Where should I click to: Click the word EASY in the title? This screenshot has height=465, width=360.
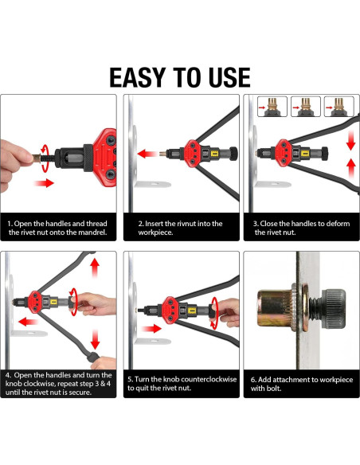pyautogui.click(x=138, y=77)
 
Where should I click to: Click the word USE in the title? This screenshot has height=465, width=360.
pyautogui.click(x=229, y=77)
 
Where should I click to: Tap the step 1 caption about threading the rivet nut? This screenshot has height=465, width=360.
pyautogui.click(x=57, y=228)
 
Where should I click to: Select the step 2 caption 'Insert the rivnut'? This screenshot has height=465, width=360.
pyautogui.click(x=180, y=228)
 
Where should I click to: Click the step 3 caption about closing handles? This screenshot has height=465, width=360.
pyautogui.click(x=302, y=228)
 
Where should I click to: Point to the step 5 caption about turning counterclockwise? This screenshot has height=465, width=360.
pyautogui.click(x=182, y=384)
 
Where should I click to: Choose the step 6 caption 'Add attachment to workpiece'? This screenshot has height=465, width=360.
pyautogui.click(x=302, y=384)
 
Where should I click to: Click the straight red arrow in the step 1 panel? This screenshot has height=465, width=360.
pyautogui.click(x=44, y=182)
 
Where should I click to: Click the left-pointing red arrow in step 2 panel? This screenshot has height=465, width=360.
pyautogui.click(x=147, y=154)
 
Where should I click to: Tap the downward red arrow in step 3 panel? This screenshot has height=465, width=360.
pyautogui.click(x=350, y=140)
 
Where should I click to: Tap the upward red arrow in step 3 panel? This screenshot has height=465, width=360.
pyautogui.click(x=350, y=168)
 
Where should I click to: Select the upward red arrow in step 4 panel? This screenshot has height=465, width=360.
pyautogui.click(x=95, y=268)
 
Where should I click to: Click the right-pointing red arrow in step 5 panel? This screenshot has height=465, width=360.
pyautogui.click(x=152, y=328)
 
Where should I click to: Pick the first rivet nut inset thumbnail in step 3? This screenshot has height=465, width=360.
pyautogui.click(x=272, y=107)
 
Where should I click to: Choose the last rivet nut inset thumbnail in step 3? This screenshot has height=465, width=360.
pyautogui.click(x=339, y=107)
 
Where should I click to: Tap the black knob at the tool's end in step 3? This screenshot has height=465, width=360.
pyautogui.click(x=325, y=154)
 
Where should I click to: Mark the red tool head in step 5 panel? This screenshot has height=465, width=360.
pyautogui.click(x=170, y=311)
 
